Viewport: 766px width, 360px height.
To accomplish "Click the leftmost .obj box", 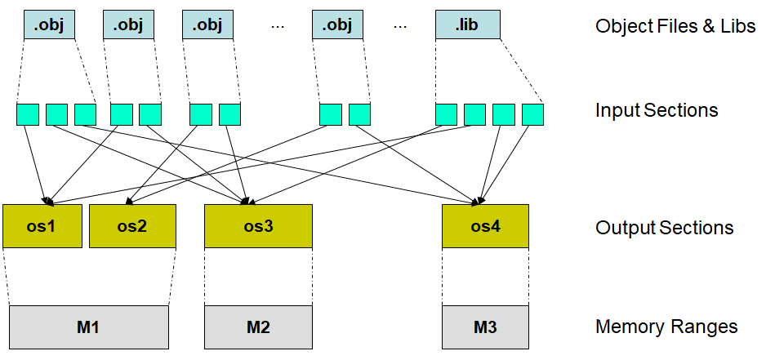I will click(x=49, y=25).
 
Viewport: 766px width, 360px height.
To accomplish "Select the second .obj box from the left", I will click(x=128, y=25).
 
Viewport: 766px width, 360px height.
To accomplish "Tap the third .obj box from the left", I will click(x=207, y=25).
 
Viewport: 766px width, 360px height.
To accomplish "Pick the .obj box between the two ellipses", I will click(x=337, y=25).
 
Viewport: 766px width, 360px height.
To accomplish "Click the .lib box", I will click(x=467, y=25).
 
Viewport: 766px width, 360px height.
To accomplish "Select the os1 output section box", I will click(x=42, y=226).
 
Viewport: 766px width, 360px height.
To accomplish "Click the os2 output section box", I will click(x=132, y=226).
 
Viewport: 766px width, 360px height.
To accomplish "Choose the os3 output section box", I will click(x=258, y=226).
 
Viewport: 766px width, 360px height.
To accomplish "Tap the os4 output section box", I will click(x=485, y=226).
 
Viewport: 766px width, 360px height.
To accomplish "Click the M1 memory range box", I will click(x=89, y=327).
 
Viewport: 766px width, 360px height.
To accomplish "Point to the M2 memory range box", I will click(x=258, y=327).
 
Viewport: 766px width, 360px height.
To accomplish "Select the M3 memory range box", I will click(x=485, y=327).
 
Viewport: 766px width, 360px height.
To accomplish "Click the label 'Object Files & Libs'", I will click(x=675, y=26).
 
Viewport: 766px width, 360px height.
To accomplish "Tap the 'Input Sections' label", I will click(x=657, y=110).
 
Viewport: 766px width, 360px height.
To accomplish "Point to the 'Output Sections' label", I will click(x=664, y=228).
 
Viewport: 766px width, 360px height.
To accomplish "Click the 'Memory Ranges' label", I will click(x=666, y=327).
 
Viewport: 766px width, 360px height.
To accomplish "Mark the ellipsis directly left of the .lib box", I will click(x=400, y=26).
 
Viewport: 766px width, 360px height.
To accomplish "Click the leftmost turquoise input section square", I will click(x=28, y=114).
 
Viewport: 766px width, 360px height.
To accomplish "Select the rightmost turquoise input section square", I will click(x=533, y=114).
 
